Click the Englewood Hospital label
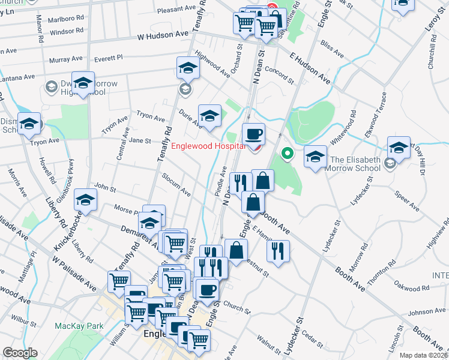tap(209, 146)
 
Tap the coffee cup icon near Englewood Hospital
tap(253, 134)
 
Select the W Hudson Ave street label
tap(163, 37)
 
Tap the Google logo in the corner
tap(19, 353)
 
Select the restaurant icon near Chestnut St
tap(278, 251)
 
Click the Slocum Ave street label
tap(176, 186)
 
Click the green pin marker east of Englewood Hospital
tap(287, 154)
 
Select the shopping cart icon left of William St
tap(119, 281)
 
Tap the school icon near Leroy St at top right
tap(403, 5)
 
